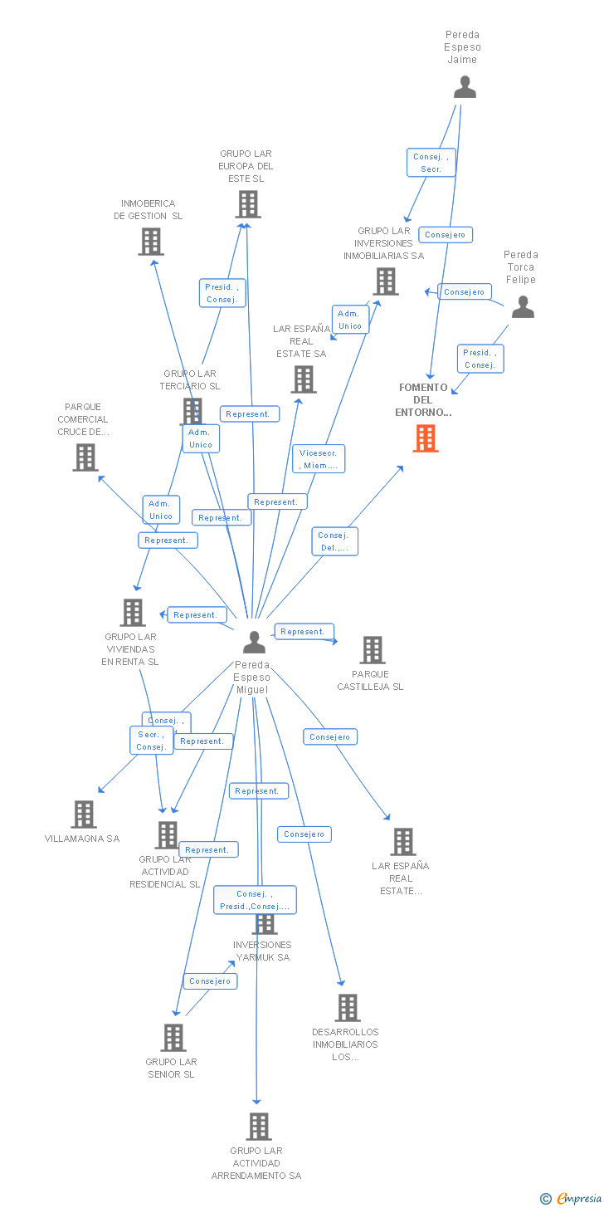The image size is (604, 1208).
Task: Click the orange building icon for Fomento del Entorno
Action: click(426, 438)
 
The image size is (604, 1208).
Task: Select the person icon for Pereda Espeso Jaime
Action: click(465, 86)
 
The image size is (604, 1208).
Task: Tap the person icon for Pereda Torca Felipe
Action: click(523, 307)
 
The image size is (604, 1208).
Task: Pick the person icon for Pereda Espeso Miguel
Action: click(254, 642)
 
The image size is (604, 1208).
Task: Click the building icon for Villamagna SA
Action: click(84, 814)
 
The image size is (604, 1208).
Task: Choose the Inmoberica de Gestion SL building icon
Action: click(150, 242)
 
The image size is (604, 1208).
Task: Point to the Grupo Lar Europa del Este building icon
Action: click(247, 204)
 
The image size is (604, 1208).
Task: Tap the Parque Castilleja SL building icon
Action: click(372, 650)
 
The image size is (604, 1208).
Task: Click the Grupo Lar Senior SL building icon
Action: click(173, 1038)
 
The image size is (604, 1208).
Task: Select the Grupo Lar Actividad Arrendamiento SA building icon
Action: click(259, 1127)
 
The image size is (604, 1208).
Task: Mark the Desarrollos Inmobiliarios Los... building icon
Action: click(347, 1008)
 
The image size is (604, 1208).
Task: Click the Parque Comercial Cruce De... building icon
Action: click(85, 457)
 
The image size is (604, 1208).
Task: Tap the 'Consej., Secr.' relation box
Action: click(431, 163)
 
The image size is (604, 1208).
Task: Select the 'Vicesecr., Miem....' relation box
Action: click(319, 459)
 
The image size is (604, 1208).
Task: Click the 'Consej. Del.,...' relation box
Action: click(335, 541)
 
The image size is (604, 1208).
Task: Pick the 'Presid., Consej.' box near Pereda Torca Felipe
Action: click(480, 359)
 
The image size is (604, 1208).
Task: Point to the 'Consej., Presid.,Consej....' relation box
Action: click(255, 900)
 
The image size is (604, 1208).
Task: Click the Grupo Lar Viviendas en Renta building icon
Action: click(133, 613)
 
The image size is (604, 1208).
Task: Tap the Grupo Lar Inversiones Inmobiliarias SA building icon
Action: click(385, 281)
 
